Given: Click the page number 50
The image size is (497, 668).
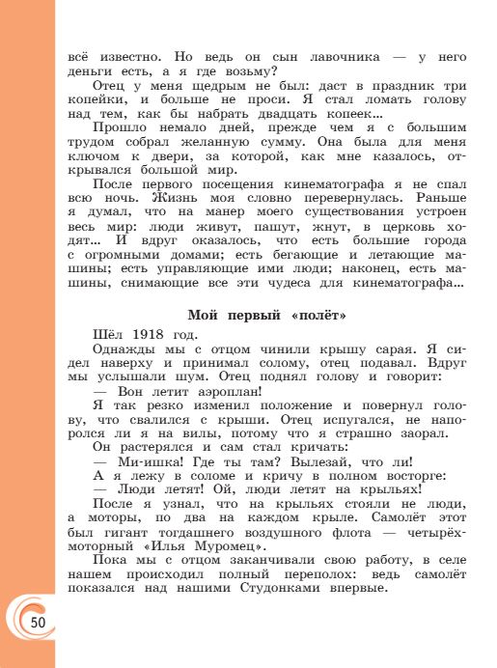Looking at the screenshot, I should click(x=38, y=621).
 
